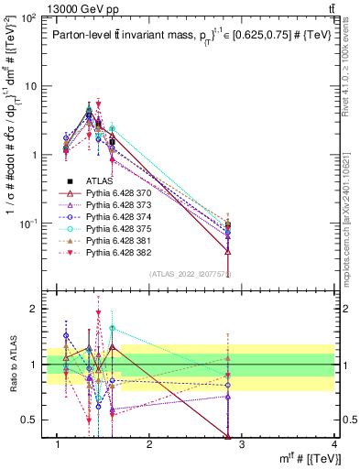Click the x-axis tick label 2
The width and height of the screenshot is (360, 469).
coord(149,445)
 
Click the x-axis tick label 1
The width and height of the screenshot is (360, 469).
coord(58,445)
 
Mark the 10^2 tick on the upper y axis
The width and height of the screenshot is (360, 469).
coord(27,18)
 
